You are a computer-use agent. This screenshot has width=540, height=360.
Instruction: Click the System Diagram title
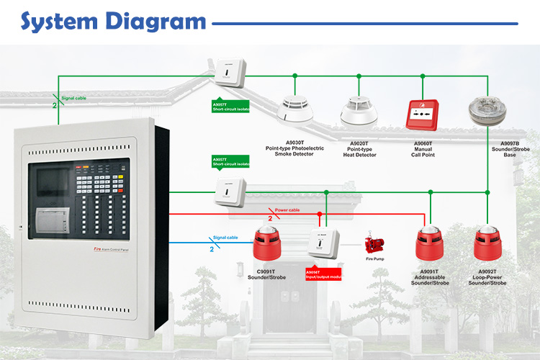113,21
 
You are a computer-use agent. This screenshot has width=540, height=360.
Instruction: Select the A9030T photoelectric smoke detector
294,109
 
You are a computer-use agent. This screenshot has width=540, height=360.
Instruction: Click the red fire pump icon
374,243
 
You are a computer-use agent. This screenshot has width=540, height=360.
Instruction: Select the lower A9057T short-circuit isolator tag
230,161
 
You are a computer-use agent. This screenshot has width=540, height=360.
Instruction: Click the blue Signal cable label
226,237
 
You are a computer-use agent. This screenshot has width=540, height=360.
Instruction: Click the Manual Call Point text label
423,152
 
